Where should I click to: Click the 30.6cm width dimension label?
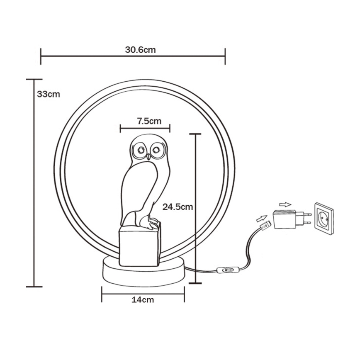[140, 49]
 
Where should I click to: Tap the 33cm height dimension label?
[49, 94]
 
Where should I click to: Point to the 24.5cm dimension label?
[178, 207]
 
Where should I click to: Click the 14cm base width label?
[143, 299]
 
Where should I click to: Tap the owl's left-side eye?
[140, 149]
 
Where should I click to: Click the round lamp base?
[143, 274]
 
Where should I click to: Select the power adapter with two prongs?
[285, 219]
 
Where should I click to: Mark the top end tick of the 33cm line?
[34, 79]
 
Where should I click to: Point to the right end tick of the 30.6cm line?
[225, 56]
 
